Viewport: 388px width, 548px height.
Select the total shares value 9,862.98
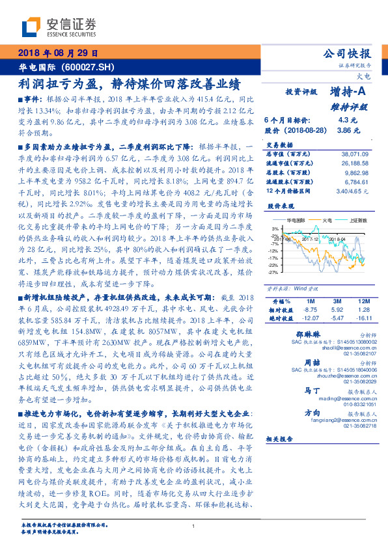pyautogui.click(x=357, y=174)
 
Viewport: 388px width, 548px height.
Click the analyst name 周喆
pyautogui.click(x=312, y=361)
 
